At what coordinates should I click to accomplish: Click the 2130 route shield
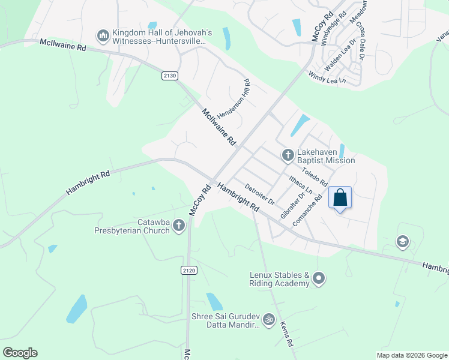pyautogui.click(x=170, y=75)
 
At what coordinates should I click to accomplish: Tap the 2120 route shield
pyautogui.click(x=188, y=271)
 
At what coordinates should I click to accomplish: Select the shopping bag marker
pyautogui.click(x=340, y=198)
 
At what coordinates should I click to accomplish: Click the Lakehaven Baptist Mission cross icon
pyautogui.click(x=288, y=155)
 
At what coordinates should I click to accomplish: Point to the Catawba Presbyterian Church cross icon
pyautogui.click(x=178, y=226)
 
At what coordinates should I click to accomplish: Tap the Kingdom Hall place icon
pyautogui.click(x=103, y=37)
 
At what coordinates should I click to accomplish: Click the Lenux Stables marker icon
pyautogui.click(x=319, y=278)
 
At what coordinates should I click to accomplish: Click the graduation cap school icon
pyautogui.click(x=402, y=242)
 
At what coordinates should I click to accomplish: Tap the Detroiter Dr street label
pyautogui.click(x=260, y=194)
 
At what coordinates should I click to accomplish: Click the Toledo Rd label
pyautogui.click(x=315, y=174)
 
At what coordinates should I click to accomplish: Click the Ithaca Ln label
pyautogui.click(x=300, y=183)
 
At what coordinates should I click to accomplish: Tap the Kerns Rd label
pyautogui.click(x=286, y=334)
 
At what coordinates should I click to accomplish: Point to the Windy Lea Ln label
pyautogui.click(x=327, y=77)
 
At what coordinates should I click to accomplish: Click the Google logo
pyautogui.click(x=20, y=353)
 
